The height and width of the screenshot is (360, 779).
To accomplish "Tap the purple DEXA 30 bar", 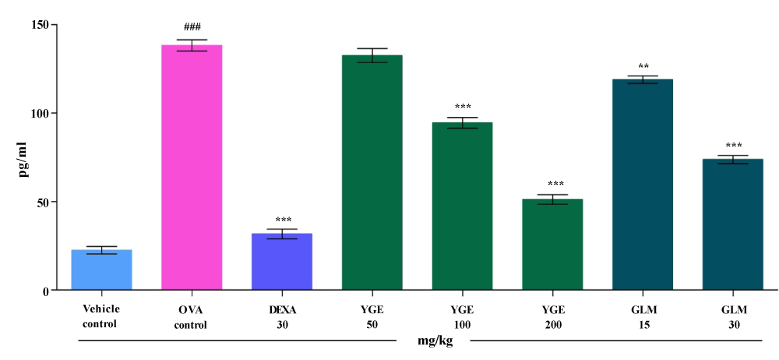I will point(282,262).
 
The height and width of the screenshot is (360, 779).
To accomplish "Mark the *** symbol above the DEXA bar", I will point(282,221).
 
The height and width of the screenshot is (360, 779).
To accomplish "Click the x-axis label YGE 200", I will point(553,317).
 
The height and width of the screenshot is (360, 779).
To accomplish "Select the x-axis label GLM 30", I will point(733,317).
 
